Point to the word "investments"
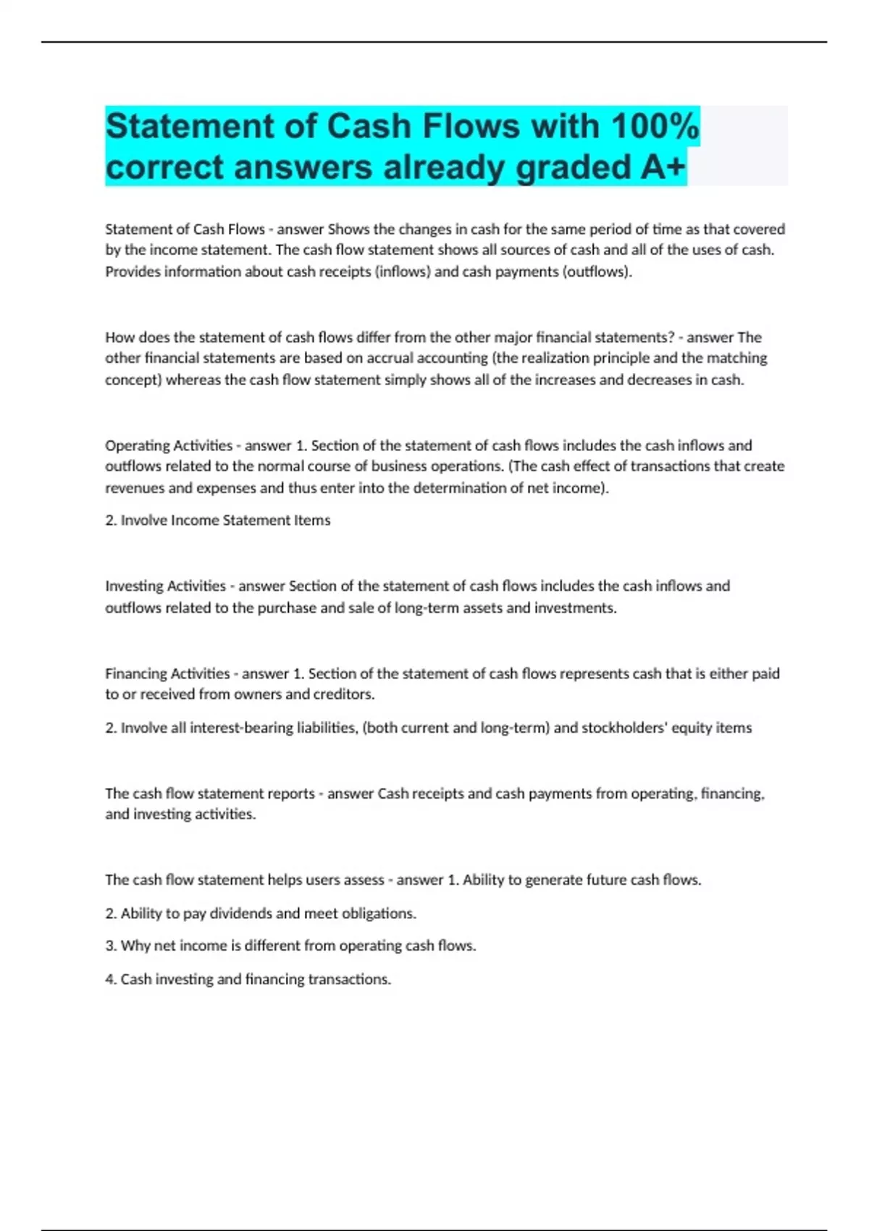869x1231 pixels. [575, 608]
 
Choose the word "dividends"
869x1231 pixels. [241, 913]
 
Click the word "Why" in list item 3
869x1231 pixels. [135, 946]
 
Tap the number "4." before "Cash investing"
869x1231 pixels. [111, 979]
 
